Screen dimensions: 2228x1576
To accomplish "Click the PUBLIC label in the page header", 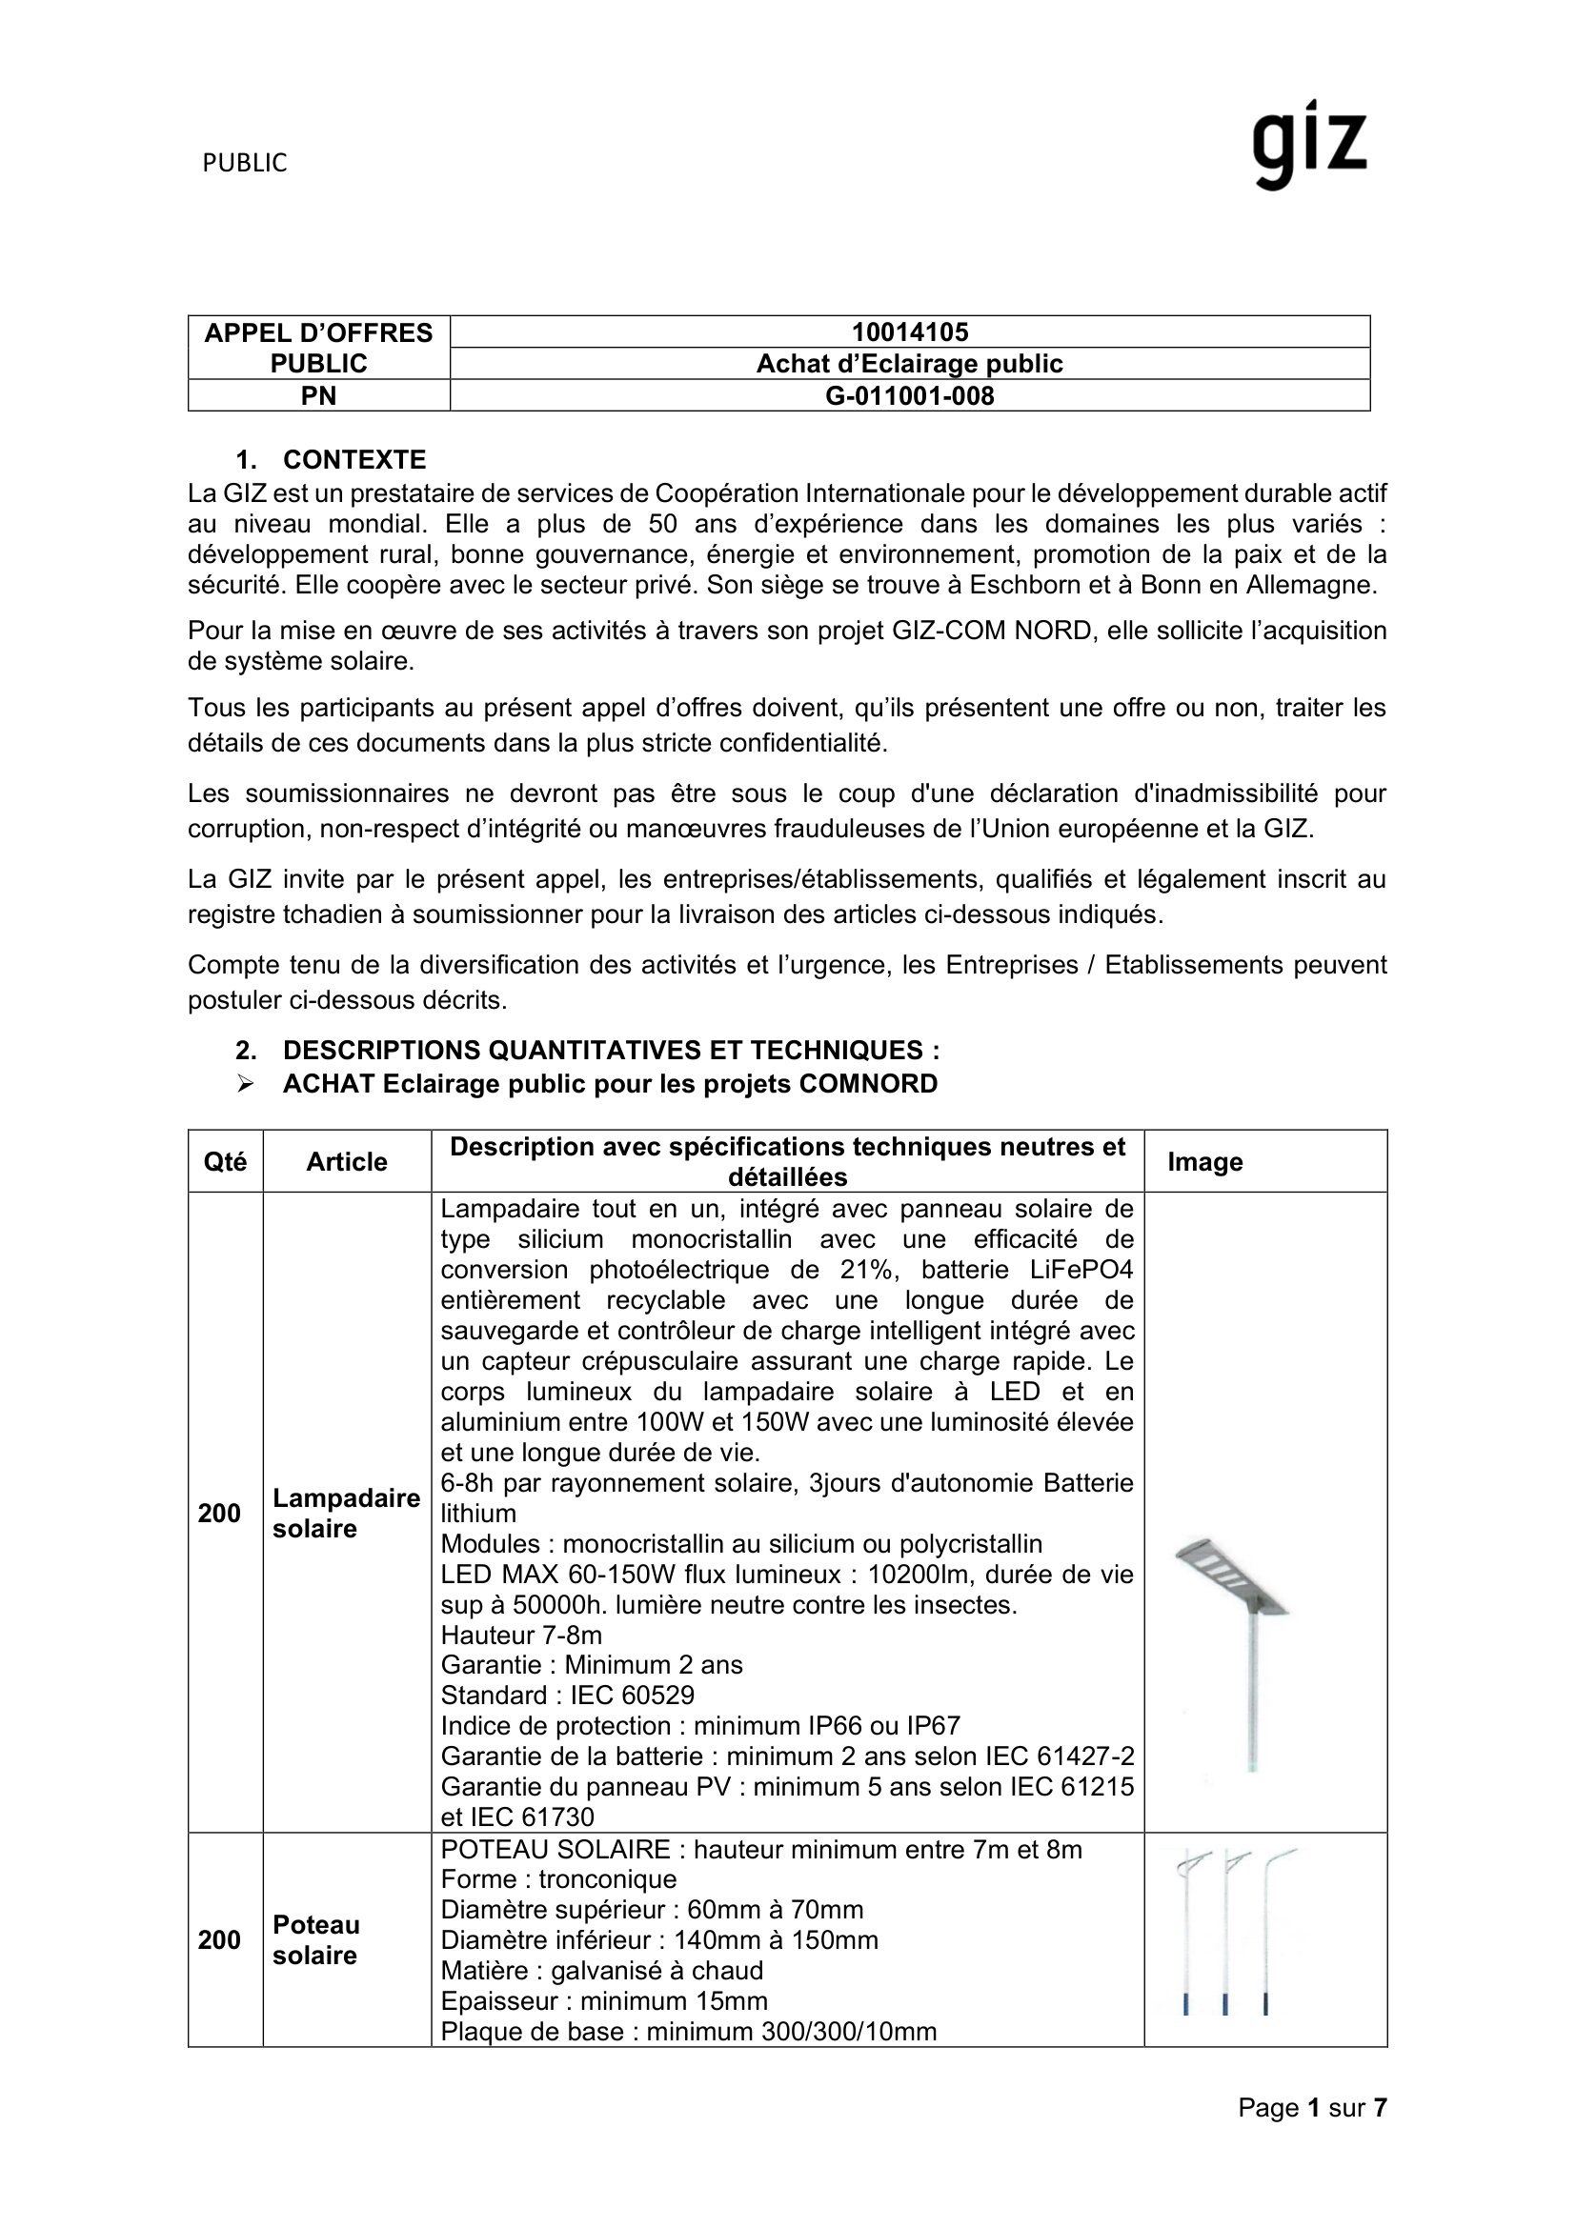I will point(245,164).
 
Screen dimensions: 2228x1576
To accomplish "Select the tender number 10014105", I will point(909,332).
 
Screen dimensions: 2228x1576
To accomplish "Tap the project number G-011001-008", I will point(909,396).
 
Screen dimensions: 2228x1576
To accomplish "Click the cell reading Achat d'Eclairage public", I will point(909,364).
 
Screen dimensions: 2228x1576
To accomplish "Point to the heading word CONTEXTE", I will point(354,460).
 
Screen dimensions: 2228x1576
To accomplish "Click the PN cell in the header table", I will point(318,396).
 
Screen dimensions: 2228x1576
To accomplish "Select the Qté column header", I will point(225,1161).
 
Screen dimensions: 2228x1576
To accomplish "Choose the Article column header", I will point(347,1161).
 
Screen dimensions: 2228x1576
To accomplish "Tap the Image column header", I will point(1204,1161).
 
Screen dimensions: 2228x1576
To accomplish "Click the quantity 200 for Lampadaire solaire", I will point(219,1513).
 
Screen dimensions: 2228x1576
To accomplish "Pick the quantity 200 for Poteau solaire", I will point(219,1939).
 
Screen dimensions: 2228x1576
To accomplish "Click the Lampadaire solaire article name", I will point(346,1513).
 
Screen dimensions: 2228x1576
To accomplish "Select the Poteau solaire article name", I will point(315,1939).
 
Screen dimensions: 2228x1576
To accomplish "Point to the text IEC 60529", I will point(632,1696).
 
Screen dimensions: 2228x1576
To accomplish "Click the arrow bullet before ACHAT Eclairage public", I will point(245,1084).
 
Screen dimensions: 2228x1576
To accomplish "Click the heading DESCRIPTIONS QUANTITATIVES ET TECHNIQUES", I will point(611,1050).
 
